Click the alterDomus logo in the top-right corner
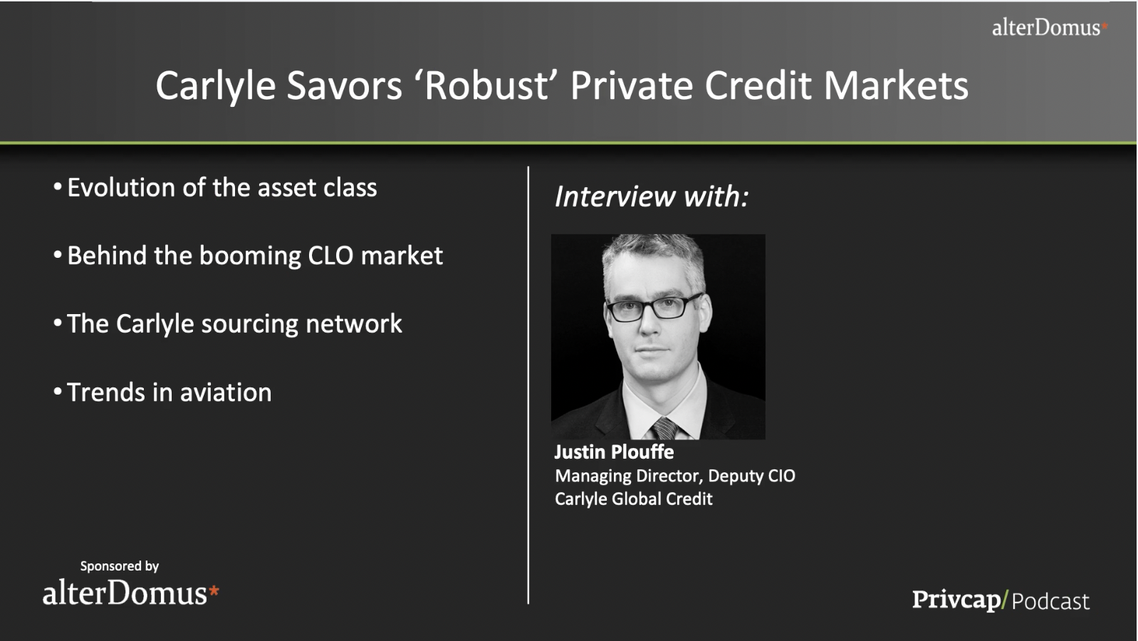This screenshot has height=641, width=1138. (1050, 28)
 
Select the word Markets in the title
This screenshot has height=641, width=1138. (896, 86)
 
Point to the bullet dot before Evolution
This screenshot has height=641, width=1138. (58, 187)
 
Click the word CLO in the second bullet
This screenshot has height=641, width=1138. (330, 256)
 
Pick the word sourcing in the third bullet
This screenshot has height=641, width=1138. (249, 325)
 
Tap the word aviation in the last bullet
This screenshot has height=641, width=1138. (226, 392)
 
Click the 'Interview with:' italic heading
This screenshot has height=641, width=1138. (652, 196)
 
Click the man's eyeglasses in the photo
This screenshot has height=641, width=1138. (654, 308)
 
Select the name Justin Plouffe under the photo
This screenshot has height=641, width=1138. (614, 452)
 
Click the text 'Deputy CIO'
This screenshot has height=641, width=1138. (752, 476)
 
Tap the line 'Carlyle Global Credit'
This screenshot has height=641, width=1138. (634, 499)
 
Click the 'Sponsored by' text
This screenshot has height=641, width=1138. (120, 566)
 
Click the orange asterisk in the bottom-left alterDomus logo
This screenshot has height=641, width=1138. (214, 590)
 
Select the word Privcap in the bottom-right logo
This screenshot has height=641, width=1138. (956, 600)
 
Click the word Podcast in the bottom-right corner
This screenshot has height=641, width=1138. (1050, 601)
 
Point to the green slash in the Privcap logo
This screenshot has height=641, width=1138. (1004, 600)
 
